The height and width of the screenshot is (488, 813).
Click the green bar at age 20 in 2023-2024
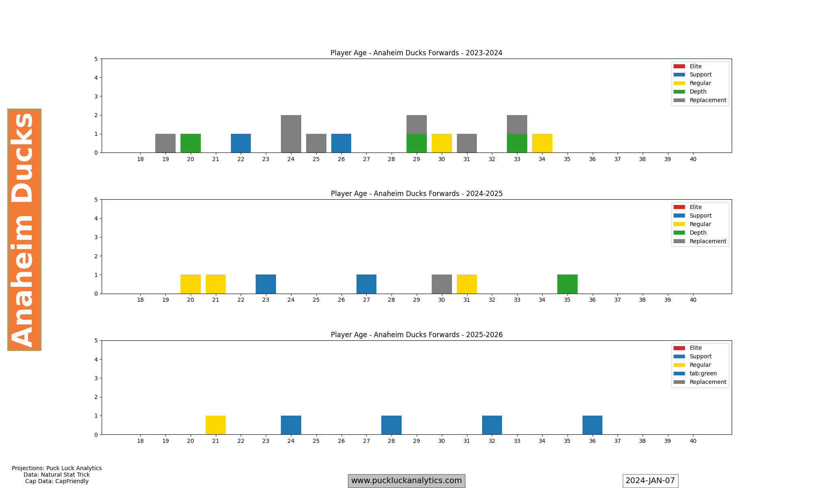click(x=191, y=143)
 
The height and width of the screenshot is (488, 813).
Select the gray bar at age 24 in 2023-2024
click(x=291, y=134)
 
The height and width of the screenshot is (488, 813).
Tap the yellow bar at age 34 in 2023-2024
click(x=542, y=143)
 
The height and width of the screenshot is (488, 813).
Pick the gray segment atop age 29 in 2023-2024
click(x=417, y=124)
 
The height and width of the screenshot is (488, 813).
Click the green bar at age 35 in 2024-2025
click(x=567, y=284)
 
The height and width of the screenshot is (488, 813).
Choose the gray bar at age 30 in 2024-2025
click(x=442, y=284)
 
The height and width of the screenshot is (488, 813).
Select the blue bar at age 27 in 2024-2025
click(x=366, y=284)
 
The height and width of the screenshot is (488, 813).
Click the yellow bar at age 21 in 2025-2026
click(x=216, y=425)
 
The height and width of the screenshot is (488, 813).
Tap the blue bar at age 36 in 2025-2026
click(x=592, y=425)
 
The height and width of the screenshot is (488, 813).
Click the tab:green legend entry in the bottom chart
click(x=703, y=373)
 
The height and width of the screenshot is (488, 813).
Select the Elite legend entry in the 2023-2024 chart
click(x=696, y=66)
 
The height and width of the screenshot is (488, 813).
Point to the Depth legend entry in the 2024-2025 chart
click(x=698, y=233)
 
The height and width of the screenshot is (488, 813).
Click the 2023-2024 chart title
click(x=416, y=53)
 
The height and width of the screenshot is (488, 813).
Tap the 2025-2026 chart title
click(x=417, y=335)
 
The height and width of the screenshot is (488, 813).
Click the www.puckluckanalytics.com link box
click(x=406, y=481)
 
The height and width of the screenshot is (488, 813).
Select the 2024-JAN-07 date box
click(x=650, y=481)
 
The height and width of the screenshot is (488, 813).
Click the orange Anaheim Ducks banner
click(x=24, y=230)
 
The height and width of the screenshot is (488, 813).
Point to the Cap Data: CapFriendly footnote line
click(x=57, y=481)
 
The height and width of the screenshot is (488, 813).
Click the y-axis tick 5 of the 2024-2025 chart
click(x=96, y=200)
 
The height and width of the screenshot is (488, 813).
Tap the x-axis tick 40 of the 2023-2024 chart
click(x=693, y=159)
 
